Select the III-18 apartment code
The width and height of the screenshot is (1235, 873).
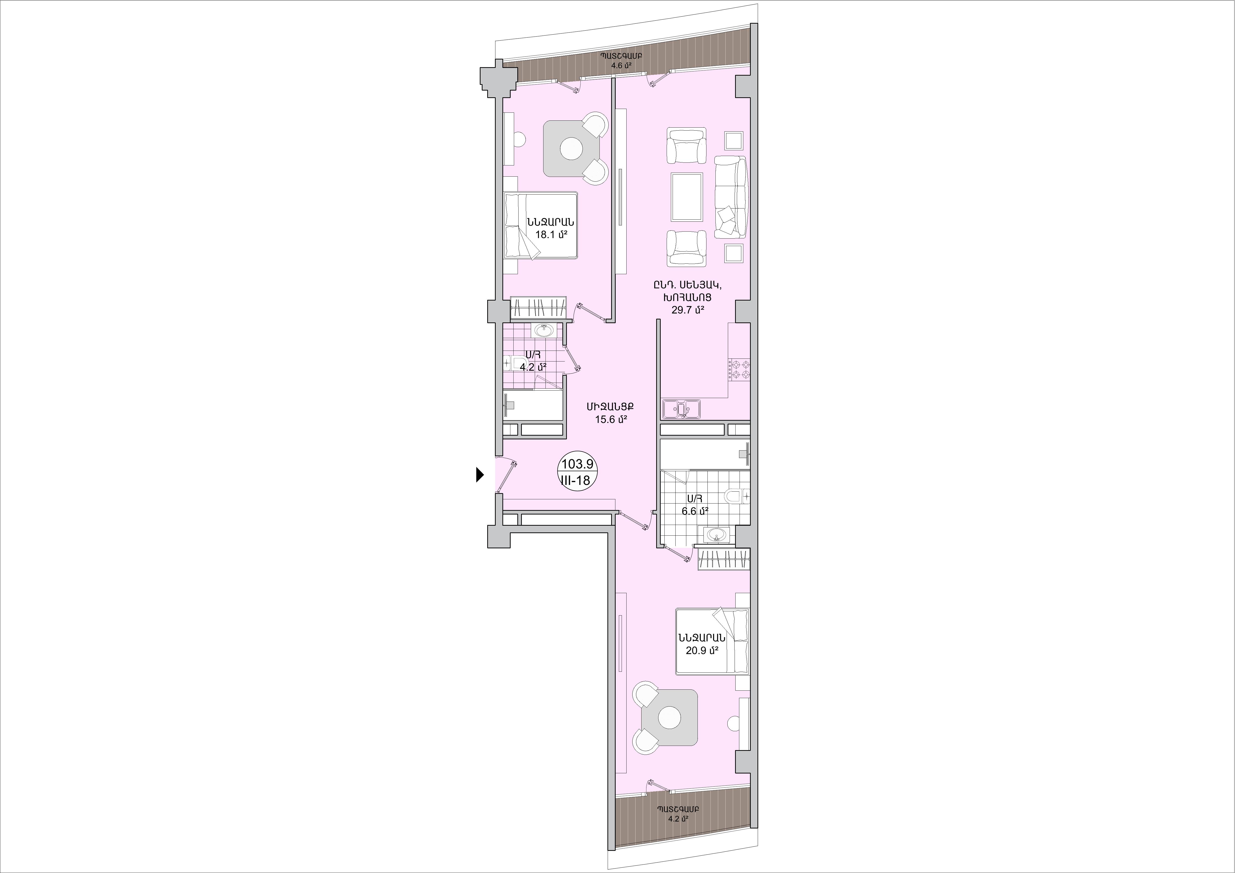click(576, 480)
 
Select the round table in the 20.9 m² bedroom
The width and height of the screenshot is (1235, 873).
click(670, 718)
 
